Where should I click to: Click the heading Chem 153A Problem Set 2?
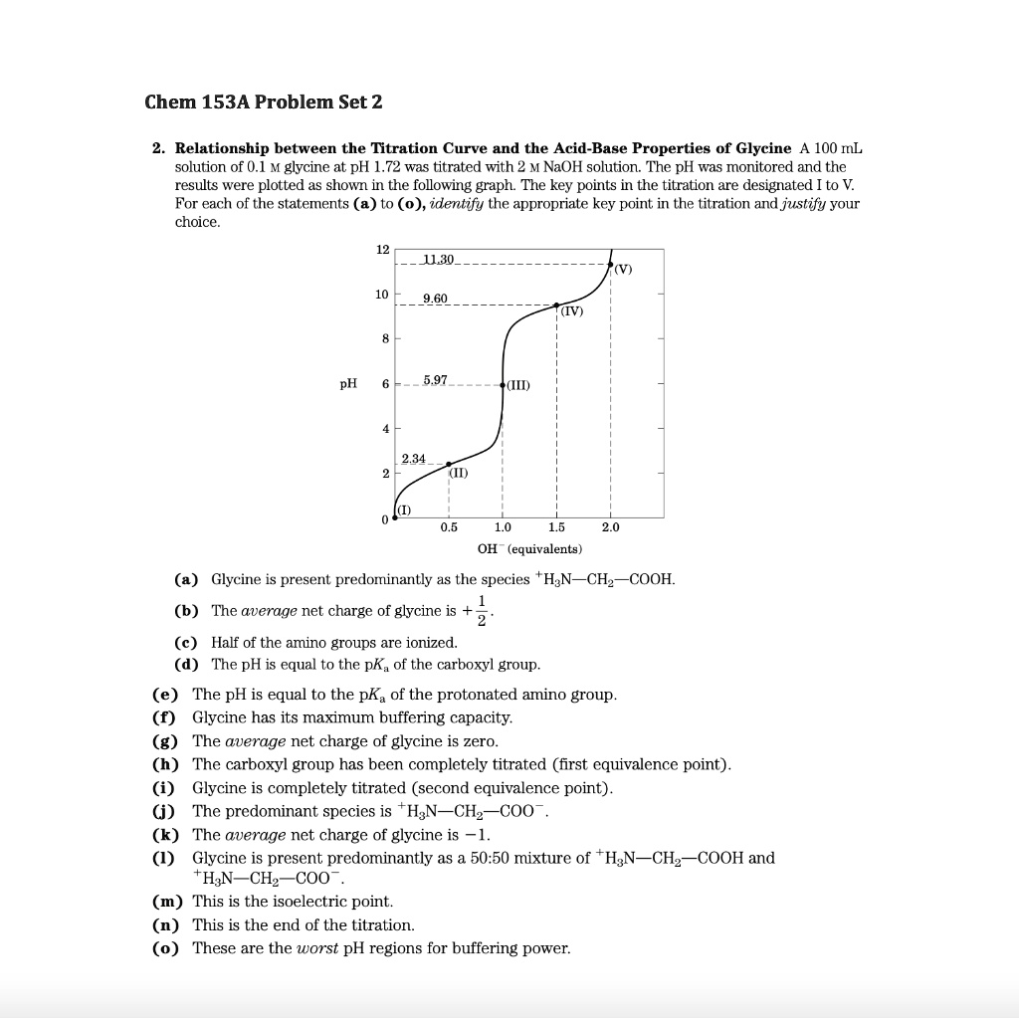pyautogui.click(x=263, y=102)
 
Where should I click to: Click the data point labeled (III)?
pyautogui.click(x=503, y=385)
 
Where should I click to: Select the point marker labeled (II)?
pyautogui.click(x=449, y=465)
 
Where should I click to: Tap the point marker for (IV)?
pyautogui.click(x=556, y=305)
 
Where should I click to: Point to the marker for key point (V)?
pyautogui.click(x=610, y=264)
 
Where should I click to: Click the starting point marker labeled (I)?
pyautogui.click(x=395, y=517)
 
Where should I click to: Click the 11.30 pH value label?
pyautogui.click(x=438, y=260)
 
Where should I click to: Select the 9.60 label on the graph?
pyautogui.click(x=435, y=299)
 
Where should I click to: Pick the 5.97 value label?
pyautogui.click(x=435, y=380)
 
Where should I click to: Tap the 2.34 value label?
pyautogui.click(x=413, y=459)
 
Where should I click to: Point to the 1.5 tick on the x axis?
pyautogui.click(x=556, y=528)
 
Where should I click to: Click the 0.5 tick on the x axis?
pyautogui.click(x=449, y=528)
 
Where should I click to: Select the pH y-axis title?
pyautogui.click(x=348, y=384)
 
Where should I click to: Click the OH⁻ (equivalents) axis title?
pyautogui.click(x=529, y=549)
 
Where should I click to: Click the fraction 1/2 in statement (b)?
pyautogui.click(x=482, y=611)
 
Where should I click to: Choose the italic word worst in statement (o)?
pyautogui.click(x=318, y=948)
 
